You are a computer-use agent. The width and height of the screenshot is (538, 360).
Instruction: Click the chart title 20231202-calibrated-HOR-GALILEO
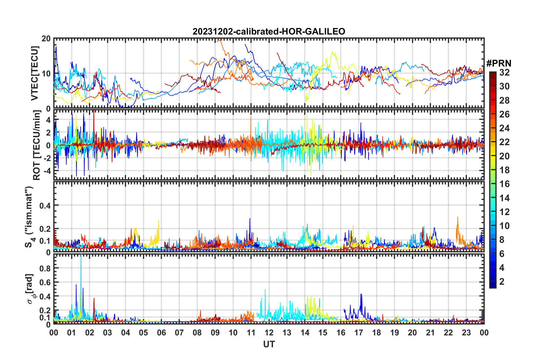tap(269, 31)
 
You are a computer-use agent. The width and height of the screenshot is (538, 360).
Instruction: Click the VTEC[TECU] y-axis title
tap(35, 73)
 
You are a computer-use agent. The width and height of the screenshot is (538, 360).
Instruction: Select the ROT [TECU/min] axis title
tap(37, 145)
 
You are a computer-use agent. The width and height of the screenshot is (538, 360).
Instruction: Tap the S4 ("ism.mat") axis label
tap(29, 217)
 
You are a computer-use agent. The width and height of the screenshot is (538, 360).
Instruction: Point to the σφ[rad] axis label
tap(30, 289)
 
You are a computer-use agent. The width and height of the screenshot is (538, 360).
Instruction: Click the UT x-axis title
tap(269, 344)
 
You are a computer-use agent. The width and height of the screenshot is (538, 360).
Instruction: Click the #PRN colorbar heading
tap(499, 63)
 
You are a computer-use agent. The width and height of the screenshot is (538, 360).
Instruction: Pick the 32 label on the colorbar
tap(504, 72)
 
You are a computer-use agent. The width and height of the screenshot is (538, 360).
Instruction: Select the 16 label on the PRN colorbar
tap(504, 184)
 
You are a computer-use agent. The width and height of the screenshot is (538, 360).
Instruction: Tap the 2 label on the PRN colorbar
tap(502, 282)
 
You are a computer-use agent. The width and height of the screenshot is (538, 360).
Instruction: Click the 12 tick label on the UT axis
tap(269, 333)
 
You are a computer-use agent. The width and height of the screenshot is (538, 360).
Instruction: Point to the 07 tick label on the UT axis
tap(179, 333)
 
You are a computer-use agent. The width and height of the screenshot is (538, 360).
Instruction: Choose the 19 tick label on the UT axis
tap(394, 333)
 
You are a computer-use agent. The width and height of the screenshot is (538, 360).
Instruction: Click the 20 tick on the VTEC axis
tap(46, 39)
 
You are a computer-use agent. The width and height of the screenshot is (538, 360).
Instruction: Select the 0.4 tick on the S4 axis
tap(45, 205)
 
